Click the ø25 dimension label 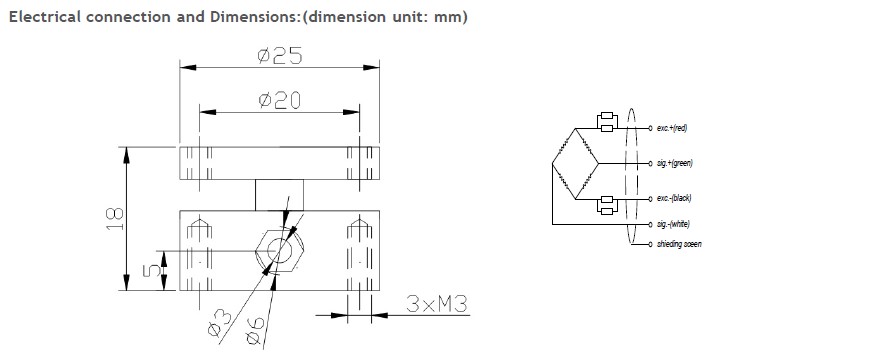280,55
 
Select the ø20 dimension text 280,100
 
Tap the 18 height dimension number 115,219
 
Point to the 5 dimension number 152,271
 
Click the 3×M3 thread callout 436,304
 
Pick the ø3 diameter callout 219,324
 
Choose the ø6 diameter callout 254,330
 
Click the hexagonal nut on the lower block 280,250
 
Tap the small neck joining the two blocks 280,195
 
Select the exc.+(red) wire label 672,129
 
